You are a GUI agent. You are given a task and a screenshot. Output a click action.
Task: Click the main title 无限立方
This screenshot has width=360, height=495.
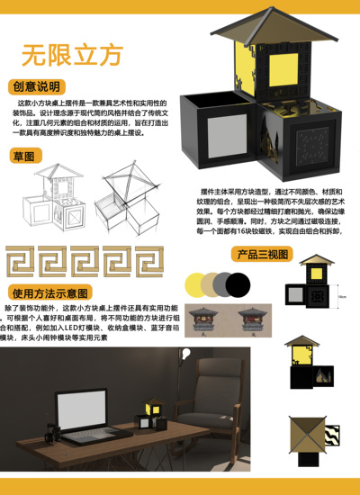click(x=72, y=55)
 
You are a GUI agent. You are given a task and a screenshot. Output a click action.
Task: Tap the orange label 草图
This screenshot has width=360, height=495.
click(x=25, y=157)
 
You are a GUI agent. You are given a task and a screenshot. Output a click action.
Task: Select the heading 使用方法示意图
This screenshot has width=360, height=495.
click(x=50, y=293)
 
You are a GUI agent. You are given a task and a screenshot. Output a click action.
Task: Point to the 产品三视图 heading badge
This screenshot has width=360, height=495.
click(x=261, y=254)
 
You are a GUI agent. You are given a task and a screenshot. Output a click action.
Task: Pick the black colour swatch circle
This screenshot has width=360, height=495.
click(x=238, y=285)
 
